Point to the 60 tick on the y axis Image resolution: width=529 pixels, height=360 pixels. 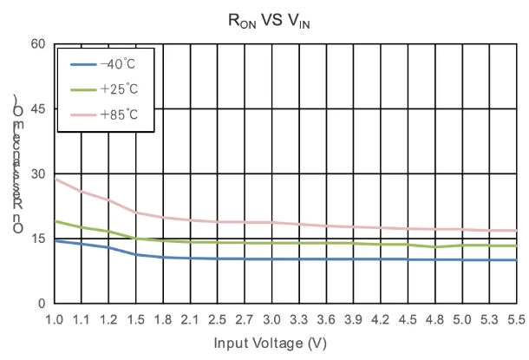tap(38, 43)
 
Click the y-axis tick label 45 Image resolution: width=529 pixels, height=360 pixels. tap(38, 108)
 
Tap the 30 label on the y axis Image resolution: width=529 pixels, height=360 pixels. tap(38, 173)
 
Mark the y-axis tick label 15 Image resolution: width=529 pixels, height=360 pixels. tap(38, 239)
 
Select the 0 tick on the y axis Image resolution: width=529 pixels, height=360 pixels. tap(42, 304)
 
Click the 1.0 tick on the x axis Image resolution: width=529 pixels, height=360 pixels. tap(55, 319)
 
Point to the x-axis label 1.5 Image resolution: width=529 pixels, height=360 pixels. tap(136, 319)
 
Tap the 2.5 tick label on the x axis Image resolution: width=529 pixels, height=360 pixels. tap(218, 319)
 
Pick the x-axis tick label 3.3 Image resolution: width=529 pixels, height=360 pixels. tap(299, 319)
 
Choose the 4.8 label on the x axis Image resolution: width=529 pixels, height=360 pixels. tap(435, 319)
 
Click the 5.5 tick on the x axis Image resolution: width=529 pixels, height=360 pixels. tap(517, 319)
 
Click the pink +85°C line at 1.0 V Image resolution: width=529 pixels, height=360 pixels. tap(55, 178)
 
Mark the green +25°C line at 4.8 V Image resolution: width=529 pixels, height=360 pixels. tap(435, 246)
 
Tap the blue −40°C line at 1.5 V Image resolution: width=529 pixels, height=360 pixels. tap(136, 254)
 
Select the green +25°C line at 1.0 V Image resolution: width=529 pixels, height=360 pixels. tap(55, 221)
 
